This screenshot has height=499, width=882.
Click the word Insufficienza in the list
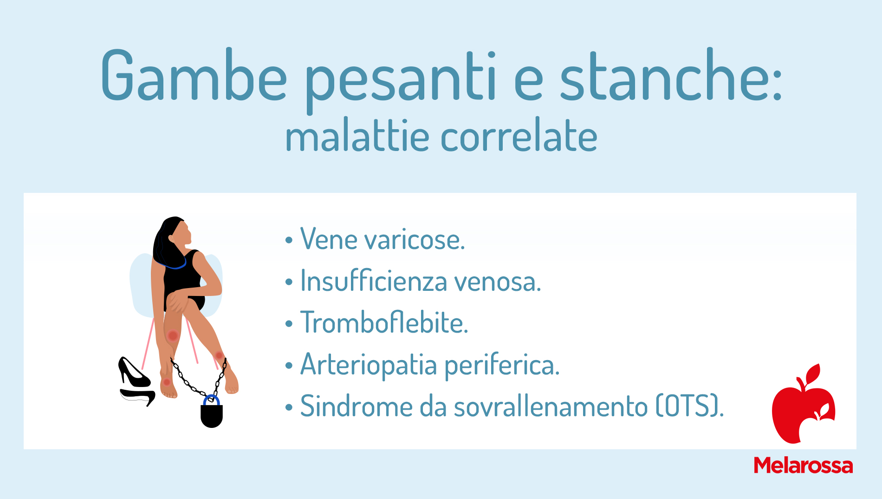click(374, 281)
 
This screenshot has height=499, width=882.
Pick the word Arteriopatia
click(369, 365)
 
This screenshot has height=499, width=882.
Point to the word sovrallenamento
click(551, 406)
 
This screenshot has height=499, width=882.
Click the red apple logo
click(803, 404)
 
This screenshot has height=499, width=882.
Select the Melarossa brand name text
click(803, 465)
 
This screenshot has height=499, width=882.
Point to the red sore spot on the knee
click(173, 335)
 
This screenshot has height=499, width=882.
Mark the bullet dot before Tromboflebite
click(289, 324)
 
